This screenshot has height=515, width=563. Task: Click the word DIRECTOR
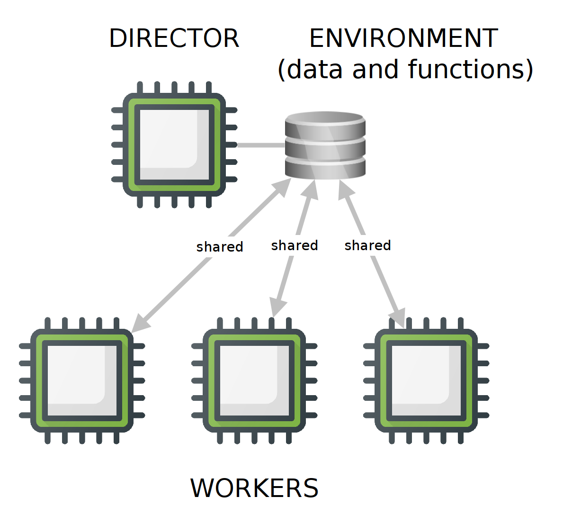[174, 38]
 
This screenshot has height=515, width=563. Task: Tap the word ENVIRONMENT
[403, 38]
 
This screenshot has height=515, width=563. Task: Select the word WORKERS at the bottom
[254, 488]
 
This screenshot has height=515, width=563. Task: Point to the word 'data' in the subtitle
[314, 69]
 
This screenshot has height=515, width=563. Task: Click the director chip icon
[174, 145]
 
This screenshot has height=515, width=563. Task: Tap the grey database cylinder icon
[325, 145]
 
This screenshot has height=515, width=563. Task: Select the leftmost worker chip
[82, 380]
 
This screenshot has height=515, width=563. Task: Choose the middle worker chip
[254, 380]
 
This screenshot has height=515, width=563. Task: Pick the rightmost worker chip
[426, 380]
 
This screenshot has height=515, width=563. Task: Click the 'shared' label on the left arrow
[220, 247]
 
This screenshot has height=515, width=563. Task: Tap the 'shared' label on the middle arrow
[295, 245]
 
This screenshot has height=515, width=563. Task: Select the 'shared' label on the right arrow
[368, 245]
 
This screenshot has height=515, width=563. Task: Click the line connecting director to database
[260, 145]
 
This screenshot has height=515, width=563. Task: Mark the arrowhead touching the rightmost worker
[399, 317]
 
